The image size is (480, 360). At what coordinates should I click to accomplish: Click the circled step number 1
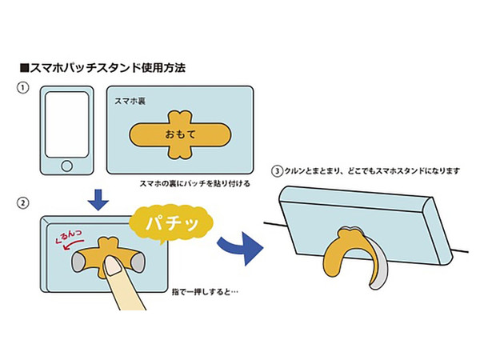[x=22, y=88]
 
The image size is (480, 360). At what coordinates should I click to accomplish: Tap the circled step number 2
[x=22, y=203]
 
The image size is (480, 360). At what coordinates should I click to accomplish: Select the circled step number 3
[x=278, y=171]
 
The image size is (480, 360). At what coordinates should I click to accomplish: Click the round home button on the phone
[x=66, y=166]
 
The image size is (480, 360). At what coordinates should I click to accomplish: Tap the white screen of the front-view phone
[x=66, y=125]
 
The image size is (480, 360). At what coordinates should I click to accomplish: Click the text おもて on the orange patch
[x=180, y=134]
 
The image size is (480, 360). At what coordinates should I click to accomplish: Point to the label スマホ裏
[x=130, y=102]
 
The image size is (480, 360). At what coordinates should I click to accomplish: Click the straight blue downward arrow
[x=98, y=200]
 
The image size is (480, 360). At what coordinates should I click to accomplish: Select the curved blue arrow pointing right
[x=241, y=247]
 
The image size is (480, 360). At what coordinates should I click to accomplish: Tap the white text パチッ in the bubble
[x=172, y=224]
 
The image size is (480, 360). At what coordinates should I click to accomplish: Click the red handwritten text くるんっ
[x=69, y=236]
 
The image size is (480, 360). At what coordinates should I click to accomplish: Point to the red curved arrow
[x=73, y=244]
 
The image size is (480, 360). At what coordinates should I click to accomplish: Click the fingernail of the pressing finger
[x=113, y=266]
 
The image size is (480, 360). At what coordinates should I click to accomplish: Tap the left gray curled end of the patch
[x=78, y=263]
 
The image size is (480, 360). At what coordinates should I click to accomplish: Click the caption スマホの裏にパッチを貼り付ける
[x=195, y=184]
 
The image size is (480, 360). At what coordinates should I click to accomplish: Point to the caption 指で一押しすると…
[x=205, y=292]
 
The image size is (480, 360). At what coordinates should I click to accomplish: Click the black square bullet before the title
[x=24, y=68]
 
